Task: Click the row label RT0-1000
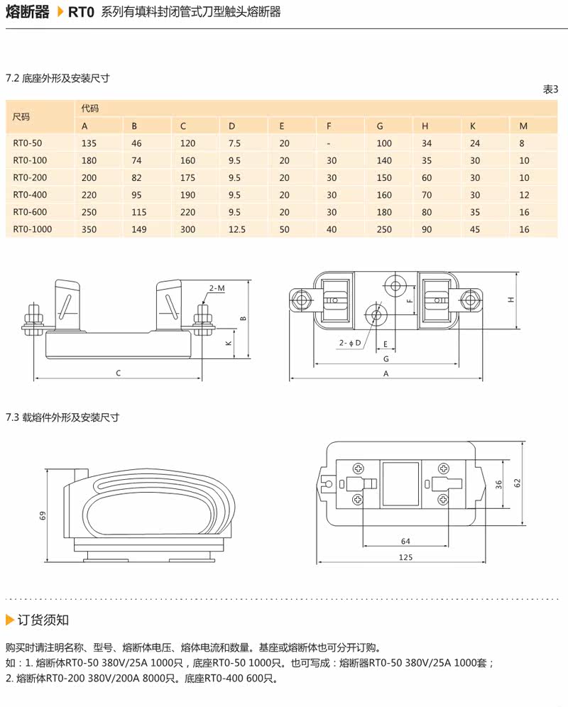(x=33, y=229)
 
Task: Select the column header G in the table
(x=380, y=126)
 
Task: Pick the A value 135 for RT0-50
(x=89, y=143)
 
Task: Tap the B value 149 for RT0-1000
(x=139, y=229)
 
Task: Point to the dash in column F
(x=329, y=143)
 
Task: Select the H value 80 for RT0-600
(x=427, y=212)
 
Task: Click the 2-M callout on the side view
(x=217, y=288)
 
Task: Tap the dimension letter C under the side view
(x=118, y=373)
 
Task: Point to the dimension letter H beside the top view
(x=511, y=300)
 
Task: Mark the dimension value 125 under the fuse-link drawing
(x=405, y=557)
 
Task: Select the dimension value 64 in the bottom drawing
(x=405, y=542)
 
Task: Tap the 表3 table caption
(x=551, y=89)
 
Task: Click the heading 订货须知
(x=43, y=620)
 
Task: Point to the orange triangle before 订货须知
(x=9, y=620)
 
